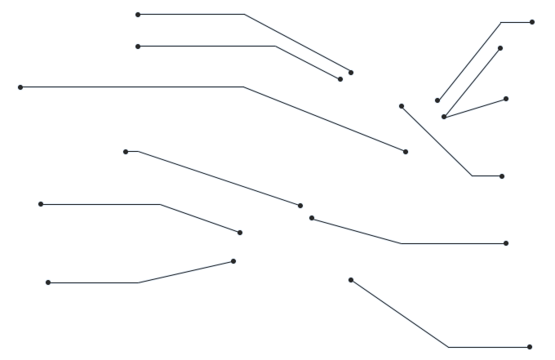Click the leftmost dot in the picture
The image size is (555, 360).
(x=20, y=87)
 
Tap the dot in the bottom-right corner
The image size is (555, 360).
(x=530, y=347)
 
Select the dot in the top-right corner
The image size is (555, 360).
(x=532, y=22)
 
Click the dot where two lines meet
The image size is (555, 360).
(x=444, y=117)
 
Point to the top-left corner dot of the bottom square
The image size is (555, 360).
(x=351, y=280)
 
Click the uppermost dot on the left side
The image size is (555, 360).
(x=138, y=15)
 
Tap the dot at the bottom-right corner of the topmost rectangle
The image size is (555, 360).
(x=351, y=73)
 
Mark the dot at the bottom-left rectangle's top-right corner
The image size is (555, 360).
(x=233, y=261)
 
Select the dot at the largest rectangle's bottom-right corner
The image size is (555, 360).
(x=406, y=152)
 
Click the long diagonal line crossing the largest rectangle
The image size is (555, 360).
(x=326, y=119)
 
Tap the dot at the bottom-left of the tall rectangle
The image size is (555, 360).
(x=437, y=100)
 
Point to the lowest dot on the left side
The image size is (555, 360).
(x=48, y=282)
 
